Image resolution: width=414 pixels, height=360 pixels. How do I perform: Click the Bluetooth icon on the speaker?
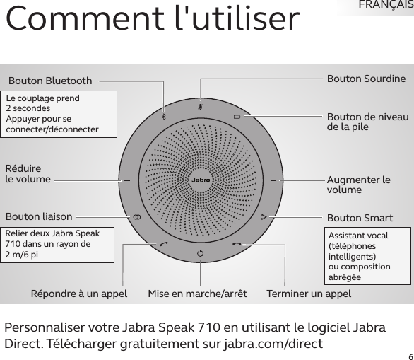click(x=164, y=117)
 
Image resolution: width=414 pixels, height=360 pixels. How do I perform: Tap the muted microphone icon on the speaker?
click(x=201, y=108)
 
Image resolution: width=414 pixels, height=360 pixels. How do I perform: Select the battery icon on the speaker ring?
click(x=237, y=117)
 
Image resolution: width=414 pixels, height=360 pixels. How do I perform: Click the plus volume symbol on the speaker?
click(x=273, y=180)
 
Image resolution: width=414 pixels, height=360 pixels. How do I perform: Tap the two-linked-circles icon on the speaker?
click(x=137, y=217)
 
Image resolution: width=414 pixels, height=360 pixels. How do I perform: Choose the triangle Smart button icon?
click(x=264, y=217)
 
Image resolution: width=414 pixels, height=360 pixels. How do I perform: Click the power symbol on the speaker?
click(x=201, y=253)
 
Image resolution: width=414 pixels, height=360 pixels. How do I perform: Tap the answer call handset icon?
click(x=164, y=244)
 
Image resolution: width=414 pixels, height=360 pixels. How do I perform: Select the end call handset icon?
click(x=237, y=244)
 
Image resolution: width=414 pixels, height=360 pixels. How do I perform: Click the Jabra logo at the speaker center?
click(x=201, y=180)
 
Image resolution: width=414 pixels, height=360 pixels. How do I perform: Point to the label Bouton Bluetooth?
click(x=50, y=81)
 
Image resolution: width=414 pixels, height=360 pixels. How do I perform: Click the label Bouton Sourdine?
click(x=366, y=79)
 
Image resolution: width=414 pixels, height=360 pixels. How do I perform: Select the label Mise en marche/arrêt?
click(x=197, y=294)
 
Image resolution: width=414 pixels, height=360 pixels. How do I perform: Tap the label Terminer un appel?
click(x=309, y=294)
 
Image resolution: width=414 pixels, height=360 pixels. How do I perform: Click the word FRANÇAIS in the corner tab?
click(x=386, y=5)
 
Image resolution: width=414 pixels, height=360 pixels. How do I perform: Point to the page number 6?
click(x=411, y=357)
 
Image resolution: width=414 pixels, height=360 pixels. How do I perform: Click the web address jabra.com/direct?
click(x=273, y=344)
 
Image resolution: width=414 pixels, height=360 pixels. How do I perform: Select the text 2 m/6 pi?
click(x=22, y=255)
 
